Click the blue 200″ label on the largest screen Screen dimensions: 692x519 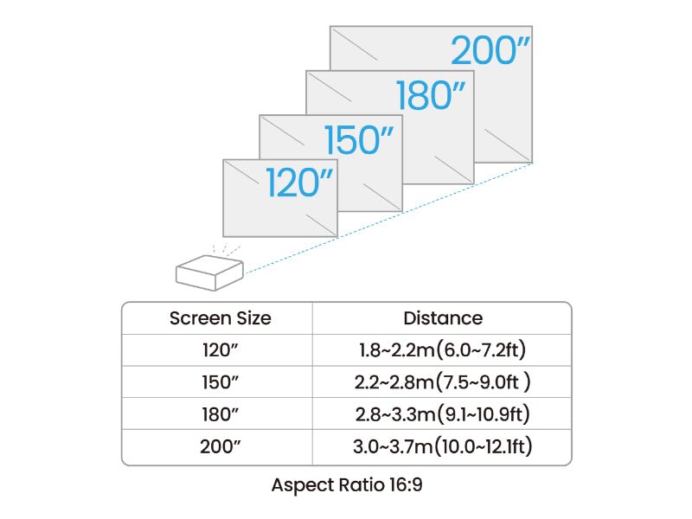pyautogui.click(x=490, y=50)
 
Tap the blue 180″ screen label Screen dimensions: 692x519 pyautogui.click(x=430, y=95)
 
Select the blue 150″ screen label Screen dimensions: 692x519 pyautogui.click(x=358, y=139)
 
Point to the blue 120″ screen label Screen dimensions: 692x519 pyautogui.click(x=299, y=183)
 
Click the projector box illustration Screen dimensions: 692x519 pyautogui.click(x=209, y=272)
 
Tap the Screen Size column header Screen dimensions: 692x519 pyautogui.click(x=221, y=318)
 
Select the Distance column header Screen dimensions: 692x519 pyautogui.click(x=443, y=318)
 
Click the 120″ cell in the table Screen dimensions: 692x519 pyautogui.click(x=221, y=350)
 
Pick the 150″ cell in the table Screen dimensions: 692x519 pyautogui.click(x=221, y=382)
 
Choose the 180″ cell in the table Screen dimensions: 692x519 pyautogui.click(x=221, y=414)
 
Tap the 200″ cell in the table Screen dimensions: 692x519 pyautogui.click(x=221, y=446)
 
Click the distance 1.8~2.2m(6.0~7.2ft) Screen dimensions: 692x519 pyautogui.click(x=443, y=350)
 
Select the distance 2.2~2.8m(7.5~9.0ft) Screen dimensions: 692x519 pyautogui.click(x=443, y=382)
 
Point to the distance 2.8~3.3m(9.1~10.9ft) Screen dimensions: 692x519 pyautogui.click(x=443, y=414)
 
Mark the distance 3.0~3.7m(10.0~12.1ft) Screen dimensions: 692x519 pyautogui.click(x=443, y=446)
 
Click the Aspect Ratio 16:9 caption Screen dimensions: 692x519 pyautogui.click(x=347, y=485)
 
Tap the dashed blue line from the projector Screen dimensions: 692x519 pyautogui.click(x=389, y=218)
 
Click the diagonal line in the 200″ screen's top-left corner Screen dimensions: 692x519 pyautogui.click(x=355, y=44)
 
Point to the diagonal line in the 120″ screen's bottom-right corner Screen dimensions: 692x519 pyautogui.click(x=321, y=225)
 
